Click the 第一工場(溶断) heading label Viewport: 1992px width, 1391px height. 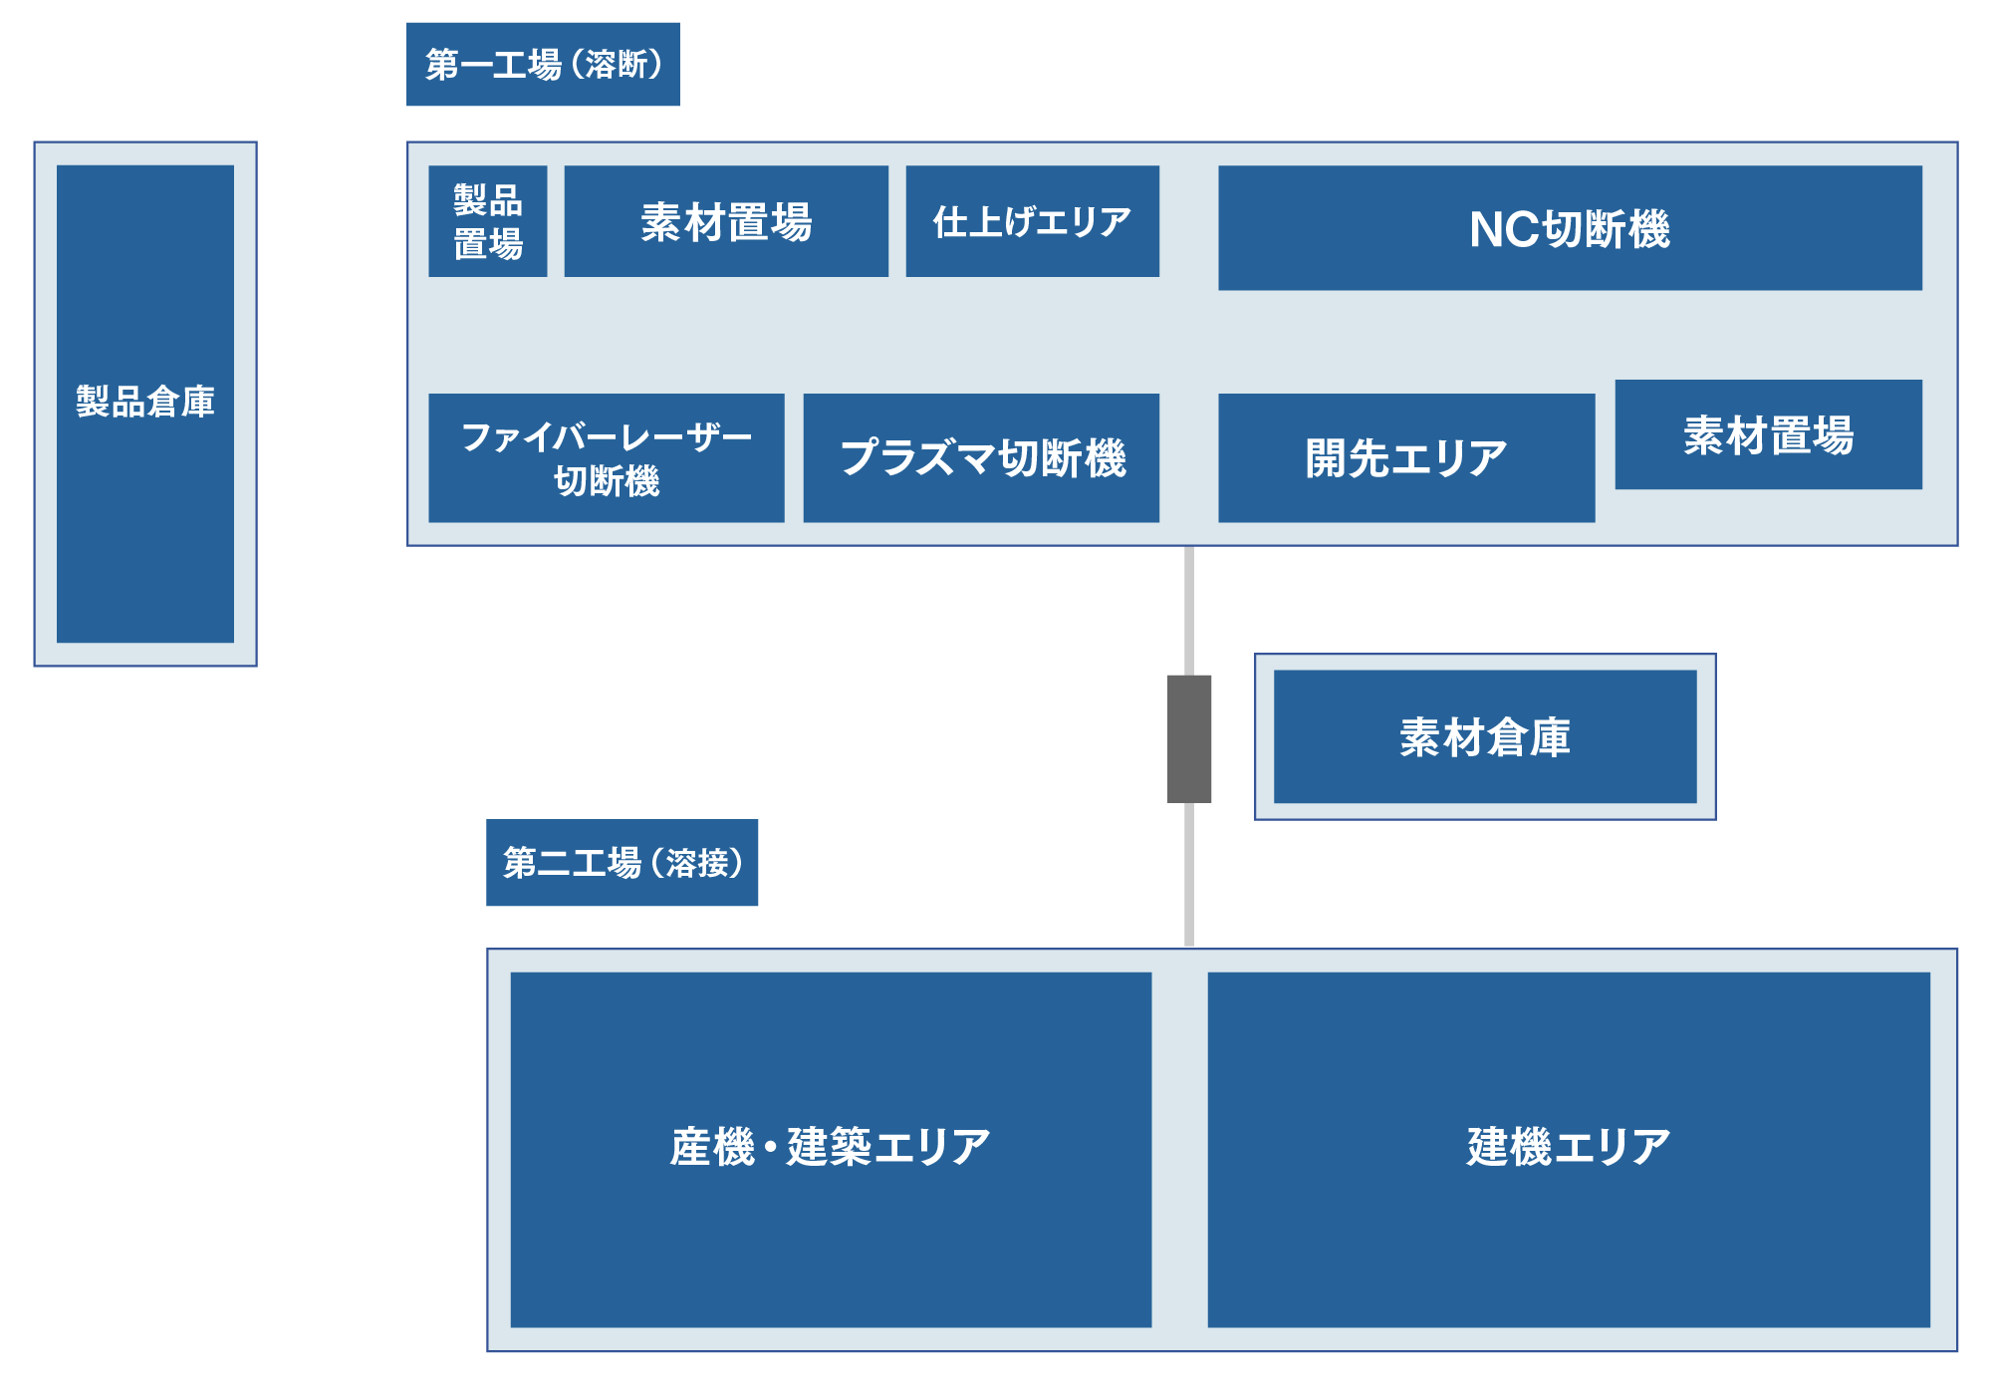coord(543,65)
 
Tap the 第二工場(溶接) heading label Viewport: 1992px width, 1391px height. coord(622,863)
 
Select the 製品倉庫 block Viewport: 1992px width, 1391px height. coord(145,404)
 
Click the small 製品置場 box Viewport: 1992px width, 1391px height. coord(488,221)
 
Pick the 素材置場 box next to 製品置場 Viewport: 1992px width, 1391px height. coord(726,221)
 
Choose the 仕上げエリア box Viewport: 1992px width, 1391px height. coord(1032,221)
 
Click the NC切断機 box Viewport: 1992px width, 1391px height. coord(1570,228)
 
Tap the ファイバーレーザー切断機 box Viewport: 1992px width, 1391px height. coord(607,458)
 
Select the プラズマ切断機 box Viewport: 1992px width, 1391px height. coord(981,458)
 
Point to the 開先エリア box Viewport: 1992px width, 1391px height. coord(1406,458)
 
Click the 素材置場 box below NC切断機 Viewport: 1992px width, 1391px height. coord(1768,434)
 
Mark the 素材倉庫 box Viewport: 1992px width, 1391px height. coord(1485,737)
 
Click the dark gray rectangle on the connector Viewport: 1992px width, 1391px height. coord(1189,738)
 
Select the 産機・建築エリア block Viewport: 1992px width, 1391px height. coord(831,1149)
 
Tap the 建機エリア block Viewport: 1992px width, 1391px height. coord(1569,1149)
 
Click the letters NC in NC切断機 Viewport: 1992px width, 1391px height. coord(1504,230)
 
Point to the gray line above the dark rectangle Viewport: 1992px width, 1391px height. coord(1189,610)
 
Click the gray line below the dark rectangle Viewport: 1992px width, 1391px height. coord(1189,874)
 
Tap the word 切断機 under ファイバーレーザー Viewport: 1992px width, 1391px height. coord(607,481)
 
